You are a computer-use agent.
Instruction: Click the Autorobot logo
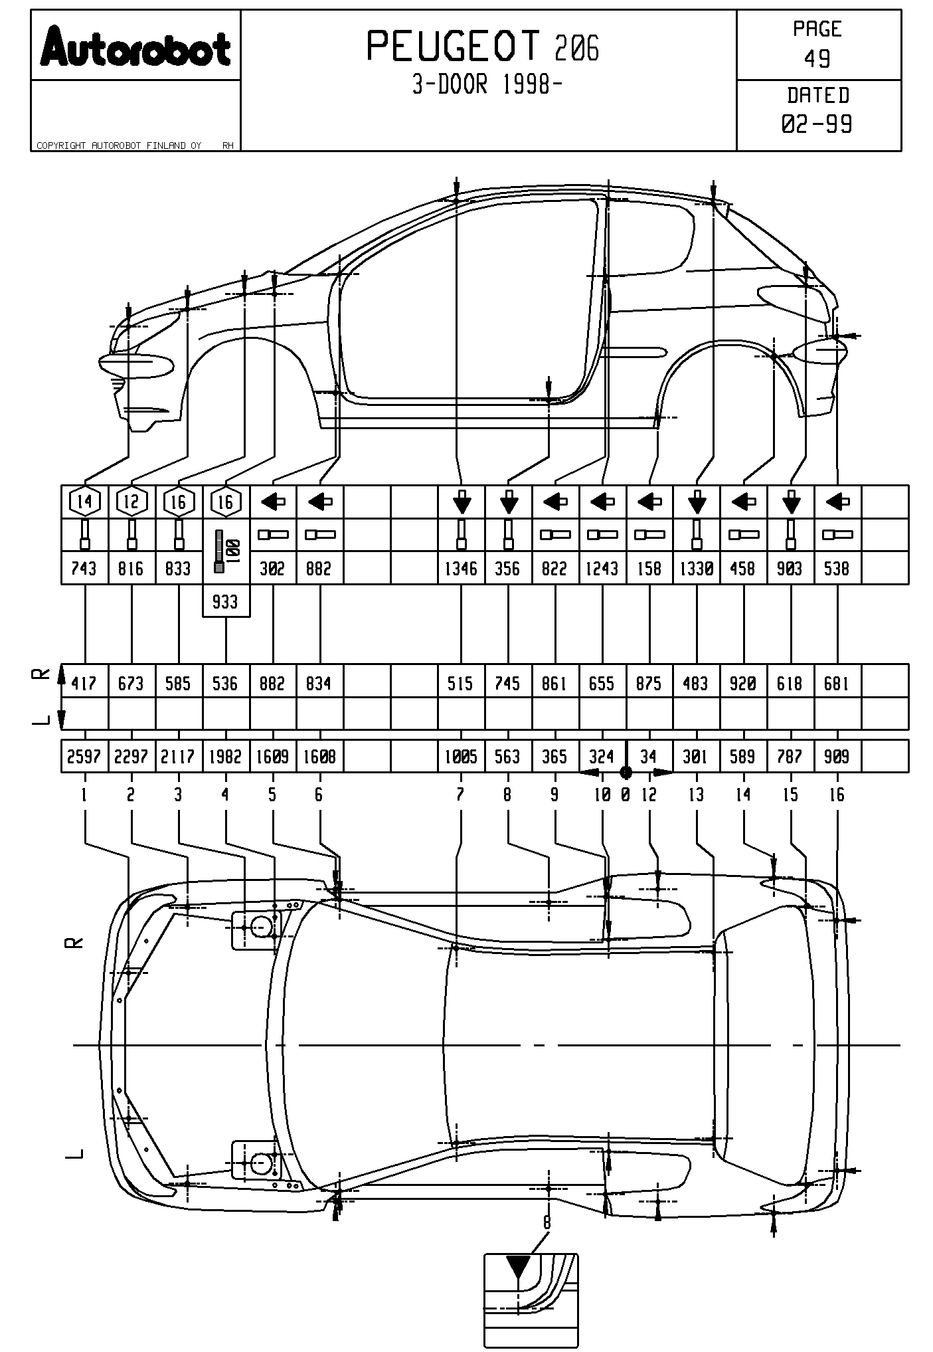pos(135,46)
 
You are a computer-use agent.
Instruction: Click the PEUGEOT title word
pos(454,47)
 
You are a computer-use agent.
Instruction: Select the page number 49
pos(817,59)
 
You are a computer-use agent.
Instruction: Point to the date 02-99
pos(817,124)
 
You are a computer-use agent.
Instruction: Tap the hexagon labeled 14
pos(84,502)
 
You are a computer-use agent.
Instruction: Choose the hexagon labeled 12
pos(131,502)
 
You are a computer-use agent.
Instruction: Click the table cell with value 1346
pos(461,569)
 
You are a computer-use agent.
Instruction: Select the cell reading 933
pos(226,602)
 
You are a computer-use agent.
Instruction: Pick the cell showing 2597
pos(84,756)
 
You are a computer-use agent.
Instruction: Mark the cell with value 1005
pos(461,756)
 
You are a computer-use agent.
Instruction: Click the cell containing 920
pos(743,683)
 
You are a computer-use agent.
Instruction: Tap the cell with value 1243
pos(602,569)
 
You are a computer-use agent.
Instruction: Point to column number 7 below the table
pos(460,795)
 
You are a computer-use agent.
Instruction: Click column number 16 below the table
pos(837,795)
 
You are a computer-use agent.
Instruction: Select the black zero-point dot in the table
pos(626,772)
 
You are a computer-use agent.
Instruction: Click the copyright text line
pos(120,145)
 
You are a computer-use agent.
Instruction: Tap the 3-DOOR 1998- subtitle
pos(483,85)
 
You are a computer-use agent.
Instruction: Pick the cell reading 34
pos(649,756)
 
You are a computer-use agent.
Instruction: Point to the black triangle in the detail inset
pos(519,1266)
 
